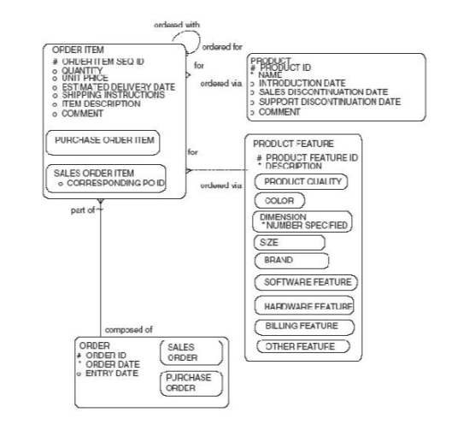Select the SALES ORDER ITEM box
tap(106, 178)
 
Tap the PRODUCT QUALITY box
tap(302, 182)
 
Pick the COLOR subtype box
tap(279, 200)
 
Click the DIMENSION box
tap(302, 221)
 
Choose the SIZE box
tap(290, 243)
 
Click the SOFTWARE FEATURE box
tap(305, 281)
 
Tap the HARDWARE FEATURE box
tap(304, 305)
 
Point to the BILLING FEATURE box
tap(303, 326)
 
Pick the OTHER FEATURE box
tap(302, 346)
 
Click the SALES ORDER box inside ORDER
tap(191, 352)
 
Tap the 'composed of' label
tap(129, 329)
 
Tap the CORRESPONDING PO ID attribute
tap(112, 184)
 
